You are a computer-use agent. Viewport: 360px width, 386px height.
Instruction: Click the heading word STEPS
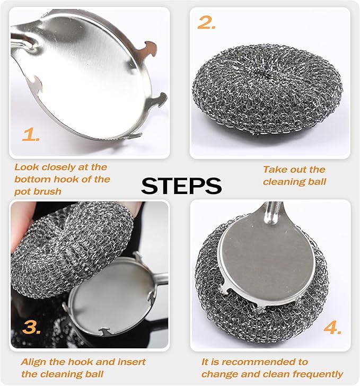click(x=181, y=186)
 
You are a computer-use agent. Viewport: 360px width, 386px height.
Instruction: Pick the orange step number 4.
click(x=332, y=328)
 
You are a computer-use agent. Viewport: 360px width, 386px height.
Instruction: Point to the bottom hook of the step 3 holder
click(x=104, y=331)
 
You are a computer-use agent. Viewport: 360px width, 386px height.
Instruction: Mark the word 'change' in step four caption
click(x=219, y=374)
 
